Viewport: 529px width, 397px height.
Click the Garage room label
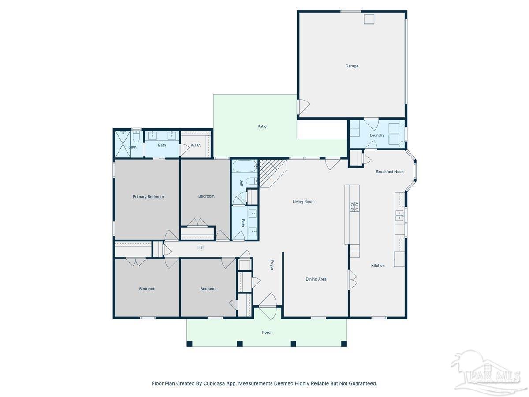(x=351, y=66)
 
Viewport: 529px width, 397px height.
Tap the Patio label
(x=262, y=127)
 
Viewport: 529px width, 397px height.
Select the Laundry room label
(x=377, y=135)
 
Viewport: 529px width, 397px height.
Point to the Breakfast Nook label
(x=390, y=172)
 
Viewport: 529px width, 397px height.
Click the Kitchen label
(x=378, y=266)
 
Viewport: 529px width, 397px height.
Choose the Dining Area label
(x=316, y=279)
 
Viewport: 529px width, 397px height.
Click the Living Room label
(x=303, y=202)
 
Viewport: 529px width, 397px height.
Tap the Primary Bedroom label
(x=148, y=197)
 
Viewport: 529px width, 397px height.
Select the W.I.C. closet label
(x=196, y=145)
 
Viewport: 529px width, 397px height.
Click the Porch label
(x=267, y=333)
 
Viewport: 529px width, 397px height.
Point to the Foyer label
(x=272, y=265)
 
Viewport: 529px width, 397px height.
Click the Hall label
(x=201, y=247)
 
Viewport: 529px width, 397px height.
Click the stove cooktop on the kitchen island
(x=354, y=206)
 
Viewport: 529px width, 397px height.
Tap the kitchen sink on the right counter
(x=399, y=216)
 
